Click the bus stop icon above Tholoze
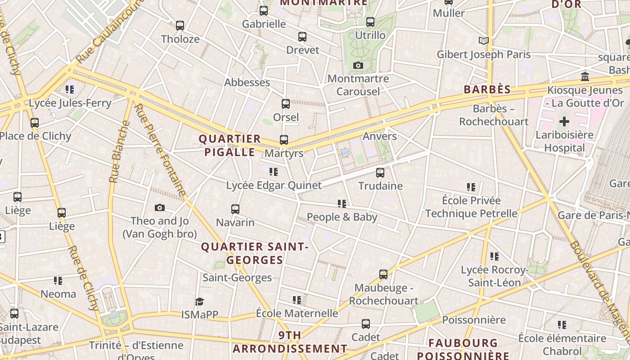click(x=180, y=26)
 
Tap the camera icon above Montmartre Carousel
click(x=358, y=66)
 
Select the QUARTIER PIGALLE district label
click(x=230, y=145)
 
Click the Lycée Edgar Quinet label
click(x=274, y=185)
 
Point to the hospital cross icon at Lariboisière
click(x=564, y=121)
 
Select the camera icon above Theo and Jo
click(x=159, y=208)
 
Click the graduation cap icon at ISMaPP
click(x=199, y=301)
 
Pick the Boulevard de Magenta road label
click(x=598, y=288)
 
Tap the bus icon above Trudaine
click(x=380, y=173)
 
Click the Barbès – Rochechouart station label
click(x=494, y=115)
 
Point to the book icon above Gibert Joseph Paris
click(x=484, y=41)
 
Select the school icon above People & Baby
click(x=342, y=204)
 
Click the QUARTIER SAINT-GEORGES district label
click(x=255, y=253)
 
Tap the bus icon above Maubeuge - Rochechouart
click(x=383, y=274)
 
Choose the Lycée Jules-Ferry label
click(x=70, y=103)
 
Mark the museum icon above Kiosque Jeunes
click(x=585, y=77)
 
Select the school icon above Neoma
click(x=58, y=281)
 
